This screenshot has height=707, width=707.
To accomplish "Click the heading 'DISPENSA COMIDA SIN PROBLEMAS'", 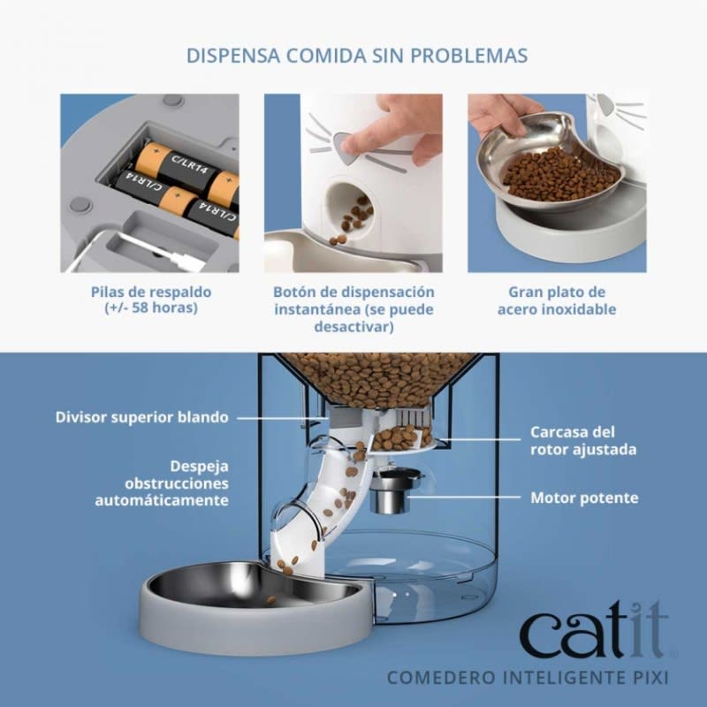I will (357, 56).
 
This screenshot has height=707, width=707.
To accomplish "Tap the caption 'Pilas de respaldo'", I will (151, 292).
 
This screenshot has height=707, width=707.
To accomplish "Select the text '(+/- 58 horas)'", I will (151, 309).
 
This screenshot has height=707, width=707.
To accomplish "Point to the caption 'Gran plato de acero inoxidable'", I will (556, 300).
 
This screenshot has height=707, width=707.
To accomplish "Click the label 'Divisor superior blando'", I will (141, 416).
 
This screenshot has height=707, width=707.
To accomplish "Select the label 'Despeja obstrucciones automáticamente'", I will (163, 483).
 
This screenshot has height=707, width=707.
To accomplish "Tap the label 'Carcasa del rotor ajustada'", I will (583, 441).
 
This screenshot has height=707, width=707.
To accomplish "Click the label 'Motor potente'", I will (584, 498).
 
